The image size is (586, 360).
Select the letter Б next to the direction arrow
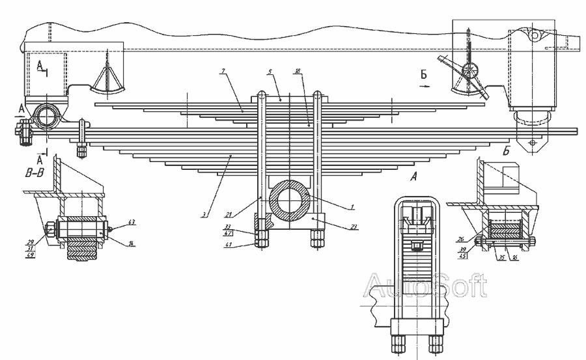423,76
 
